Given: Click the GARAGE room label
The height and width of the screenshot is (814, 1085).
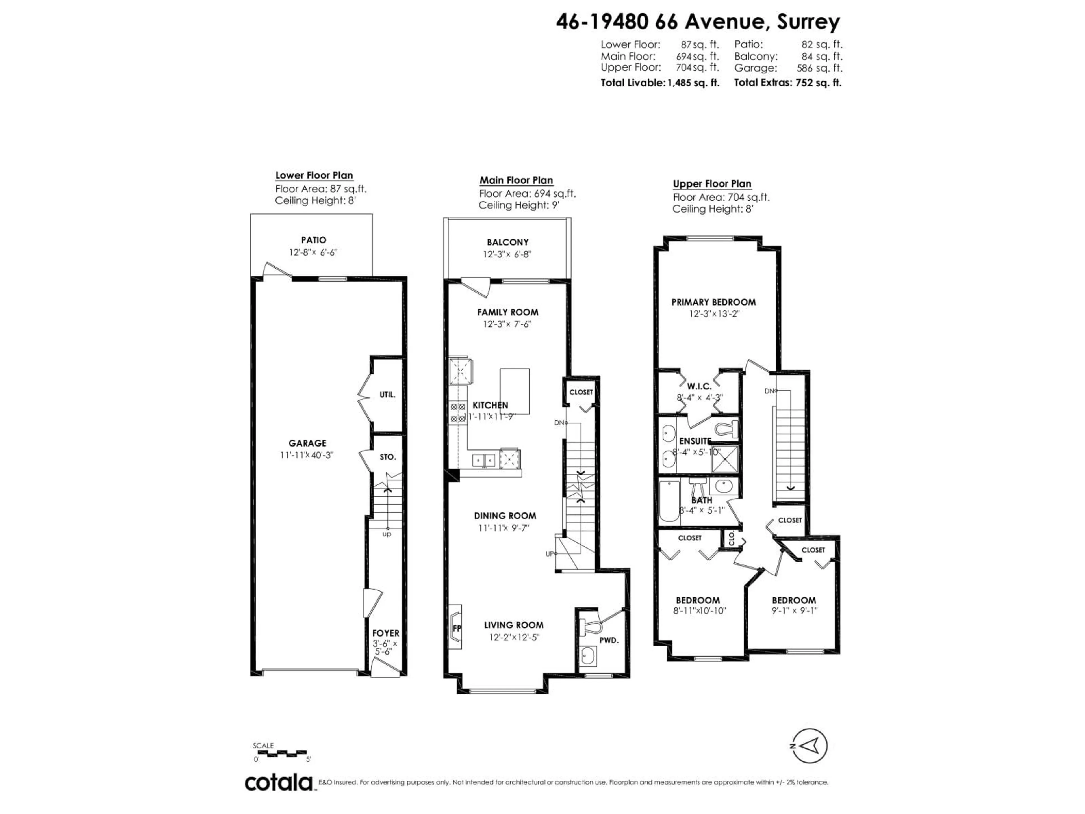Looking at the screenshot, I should click(307, 443).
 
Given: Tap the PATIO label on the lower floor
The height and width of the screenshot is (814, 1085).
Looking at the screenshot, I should click(313, 240).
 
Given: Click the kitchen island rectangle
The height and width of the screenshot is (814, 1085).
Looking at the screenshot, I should click(515, 391).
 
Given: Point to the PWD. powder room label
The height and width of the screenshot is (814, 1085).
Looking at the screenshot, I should click(609, 640).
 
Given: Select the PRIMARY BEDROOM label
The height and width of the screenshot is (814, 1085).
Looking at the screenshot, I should click(713, 302).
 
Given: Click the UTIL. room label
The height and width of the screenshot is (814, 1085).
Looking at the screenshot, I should click(387, 395).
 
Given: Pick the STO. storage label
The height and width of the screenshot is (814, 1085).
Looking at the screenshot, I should click(387, 457).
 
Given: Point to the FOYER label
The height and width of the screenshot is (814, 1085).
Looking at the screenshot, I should click(385, 633).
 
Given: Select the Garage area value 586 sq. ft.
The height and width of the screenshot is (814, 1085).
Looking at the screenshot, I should click(819, 68).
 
